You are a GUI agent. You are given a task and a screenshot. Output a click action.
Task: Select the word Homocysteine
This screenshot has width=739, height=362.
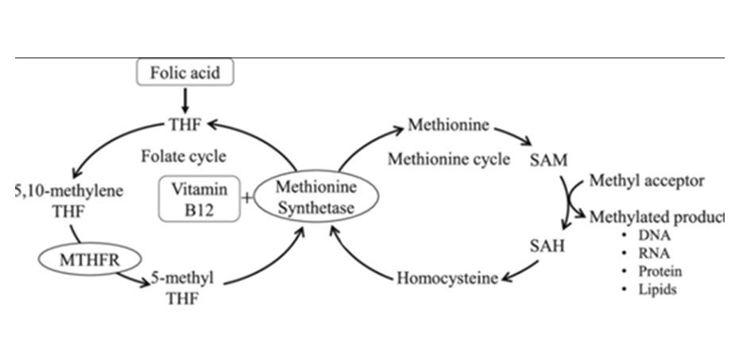(447, 278)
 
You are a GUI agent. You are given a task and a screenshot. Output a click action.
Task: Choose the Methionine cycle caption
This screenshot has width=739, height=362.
(449, 160)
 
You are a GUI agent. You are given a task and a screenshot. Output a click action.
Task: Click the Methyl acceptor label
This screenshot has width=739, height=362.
(646, 181)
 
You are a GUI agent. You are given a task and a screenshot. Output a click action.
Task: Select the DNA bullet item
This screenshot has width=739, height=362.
(652, 237)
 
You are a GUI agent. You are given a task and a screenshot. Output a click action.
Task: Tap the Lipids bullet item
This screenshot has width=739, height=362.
(656, 290)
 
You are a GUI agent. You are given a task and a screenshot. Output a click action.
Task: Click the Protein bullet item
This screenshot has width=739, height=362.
(659, 271)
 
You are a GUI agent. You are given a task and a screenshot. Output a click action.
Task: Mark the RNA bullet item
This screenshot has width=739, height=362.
(652, 254)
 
